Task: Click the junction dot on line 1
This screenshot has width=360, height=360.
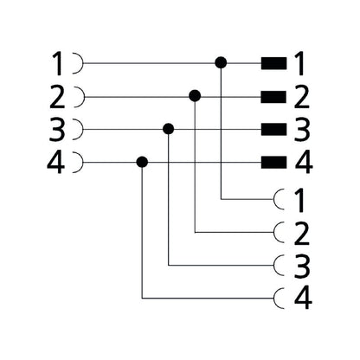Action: click(221, 62)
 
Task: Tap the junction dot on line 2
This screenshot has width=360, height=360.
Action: click(195, 95)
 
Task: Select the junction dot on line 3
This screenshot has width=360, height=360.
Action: click(169, 129)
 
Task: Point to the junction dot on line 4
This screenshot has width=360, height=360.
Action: click(142, 162)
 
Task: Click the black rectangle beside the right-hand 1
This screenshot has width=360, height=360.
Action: click(273, 63)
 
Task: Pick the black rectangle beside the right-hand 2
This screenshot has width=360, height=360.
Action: click(273, 97)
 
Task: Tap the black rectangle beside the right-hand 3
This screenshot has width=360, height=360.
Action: click(273, 129)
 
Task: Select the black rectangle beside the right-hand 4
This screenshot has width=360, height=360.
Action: click(273, 162)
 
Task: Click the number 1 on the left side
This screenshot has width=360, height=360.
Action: click(58, 64)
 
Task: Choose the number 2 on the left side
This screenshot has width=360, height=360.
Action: click(57, 97)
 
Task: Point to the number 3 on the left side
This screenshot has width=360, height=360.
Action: click(57, 130)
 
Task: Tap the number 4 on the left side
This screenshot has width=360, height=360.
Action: click(56, 163)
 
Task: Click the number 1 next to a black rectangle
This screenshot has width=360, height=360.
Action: click(299, 64)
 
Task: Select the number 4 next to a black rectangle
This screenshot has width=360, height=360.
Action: click(304, 163)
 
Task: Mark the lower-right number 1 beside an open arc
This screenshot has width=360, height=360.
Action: click(299, 201)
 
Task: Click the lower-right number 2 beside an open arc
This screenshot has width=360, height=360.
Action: click(302, 234)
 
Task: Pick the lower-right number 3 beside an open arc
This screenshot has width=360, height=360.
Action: click(302, 267)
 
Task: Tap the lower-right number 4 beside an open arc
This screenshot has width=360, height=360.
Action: click(303, 299)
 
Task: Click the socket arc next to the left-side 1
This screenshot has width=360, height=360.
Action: click(83, 63)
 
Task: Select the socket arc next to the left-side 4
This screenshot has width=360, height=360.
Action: click(83, 163)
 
